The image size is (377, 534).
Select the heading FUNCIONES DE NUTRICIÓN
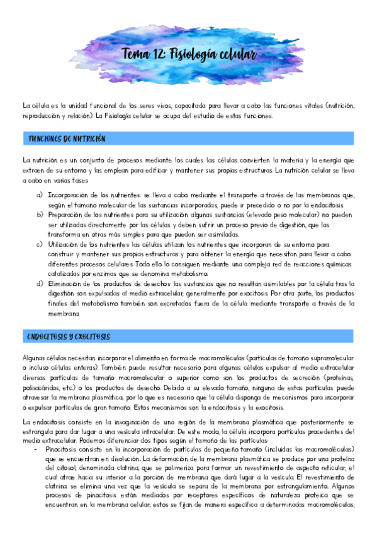67,138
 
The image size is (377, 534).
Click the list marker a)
40,195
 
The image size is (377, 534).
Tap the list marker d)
40,284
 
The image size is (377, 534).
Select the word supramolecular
332,357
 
